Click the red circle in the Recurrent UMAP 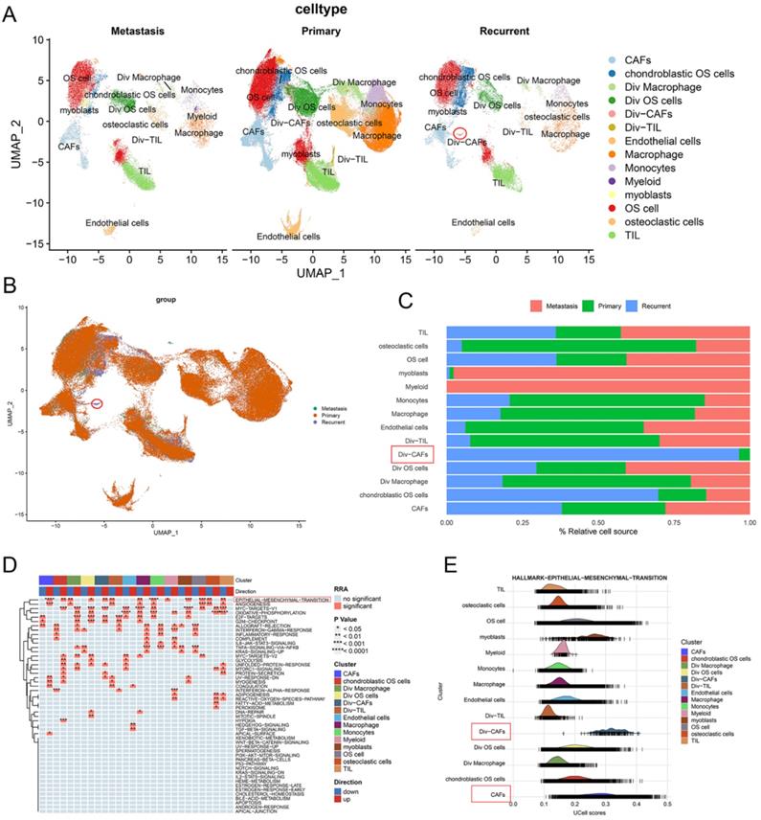tap(461, 133)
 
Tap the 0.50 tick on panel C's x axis tap(598, 523)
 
